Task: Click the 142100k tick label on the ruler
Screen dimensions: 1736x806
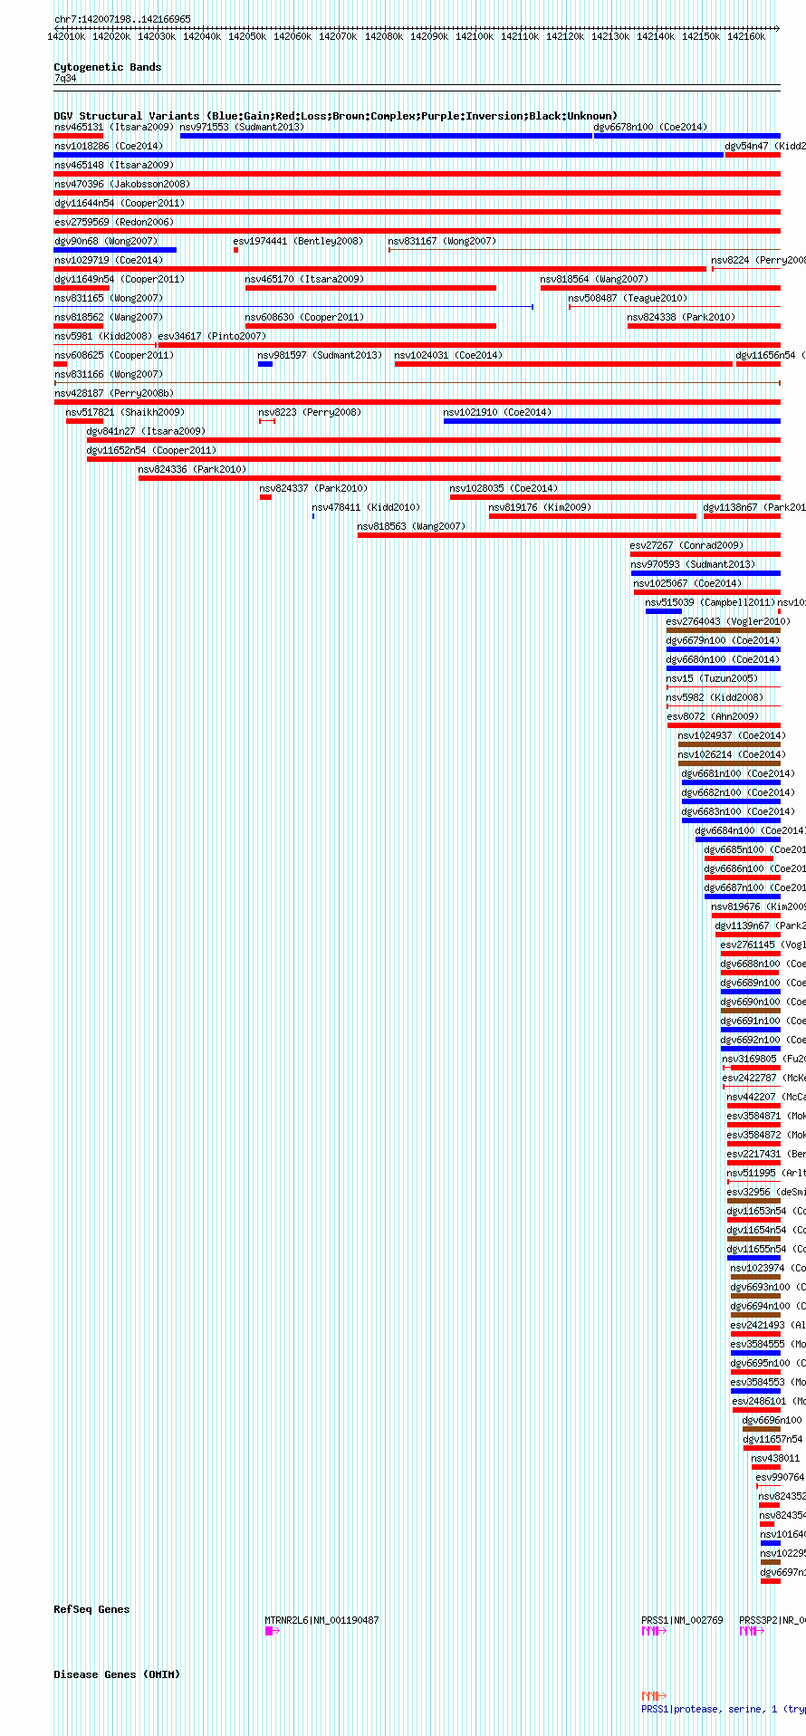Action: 474,36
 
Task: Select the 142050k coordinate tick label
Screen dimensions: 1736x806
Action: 247,36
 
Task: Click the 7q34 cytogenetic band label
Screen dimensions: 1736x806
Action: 65,78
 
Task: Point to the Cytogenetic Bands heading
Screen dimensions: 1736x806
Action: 107,67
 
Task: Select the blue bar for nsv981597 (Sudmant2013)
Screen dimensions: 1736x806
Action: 265,364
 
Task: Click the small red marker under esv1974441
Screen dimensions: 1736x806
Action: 235,250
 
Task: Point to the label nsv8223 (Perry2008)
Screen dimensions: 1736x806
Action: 309,412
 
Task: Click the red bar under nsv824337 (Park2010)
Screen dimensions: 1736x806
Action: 265,497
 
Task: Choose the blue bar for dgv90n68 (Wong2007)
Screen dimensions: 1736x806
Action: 115,250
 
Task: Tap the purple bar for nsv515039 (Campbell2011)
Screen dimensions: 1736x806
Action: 663,611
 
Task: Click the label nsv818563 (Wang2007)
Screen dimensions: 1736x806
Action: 410,526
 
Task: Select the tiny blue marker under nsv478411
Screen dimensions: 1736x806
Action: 313,516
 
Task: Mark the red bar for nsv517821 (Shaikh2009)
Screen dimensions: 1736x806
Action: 78,421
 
